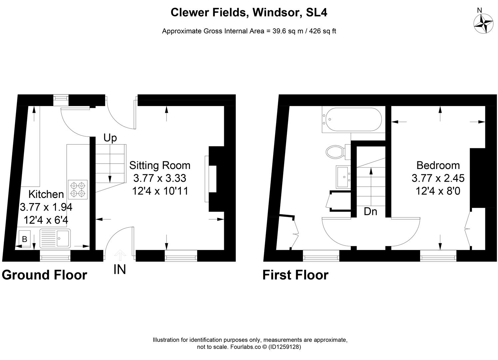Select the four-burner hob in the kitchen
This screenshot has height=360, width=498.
point(78,189)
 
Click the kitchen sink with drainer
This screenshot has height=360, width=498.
point(55,238)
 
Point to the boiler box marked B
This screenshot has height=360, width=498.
point(24,239)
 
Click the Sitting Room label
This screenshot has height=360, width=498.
point(160,165)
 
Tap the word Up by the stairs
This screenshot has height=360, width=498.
point(110,138)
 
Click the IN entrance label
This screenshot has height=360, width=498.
point(120,270)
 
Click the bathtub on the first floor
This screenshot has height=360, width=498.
point(353,119)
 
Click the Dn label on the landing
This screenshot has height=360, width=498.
point(370,211)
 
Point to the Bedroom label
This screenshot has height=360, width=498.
point(438,165)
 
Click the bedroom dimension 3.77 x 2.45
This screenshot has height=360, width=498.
point(438,178)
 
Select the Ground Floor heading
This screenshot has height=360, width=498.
point(44,275)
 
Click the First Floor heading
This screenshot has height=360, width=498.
point(295,275)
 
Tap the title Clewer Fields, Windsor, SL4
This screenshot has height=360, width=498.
point(249,13)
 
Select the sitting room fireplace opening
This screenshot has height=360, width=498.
point(212,179)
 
